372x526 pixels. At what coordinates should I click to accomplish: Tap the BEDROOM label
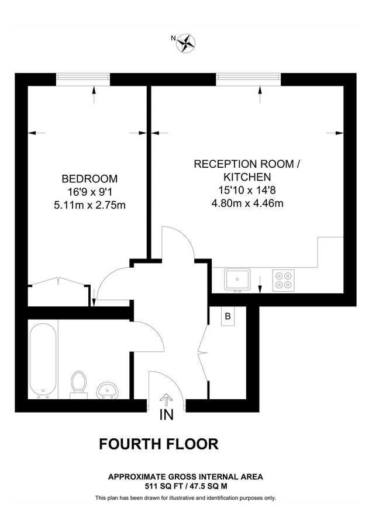(89, 178)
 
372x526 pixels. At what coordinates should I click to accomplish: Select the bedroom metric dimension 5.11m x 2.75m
(89, 205)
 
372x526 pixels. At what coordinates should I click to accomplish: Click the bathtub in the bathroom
(43, 361)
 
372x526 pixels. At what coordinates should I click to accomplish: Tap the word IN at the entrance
(167, 416)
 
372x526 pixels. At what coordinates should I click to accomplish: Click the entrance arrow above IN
(167, 400)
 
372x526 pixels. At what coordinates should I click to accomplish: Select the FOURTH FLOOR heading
(159, 444)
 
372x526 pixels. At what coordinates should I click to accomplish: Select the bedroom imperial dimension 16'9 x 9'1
(89, 192)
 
